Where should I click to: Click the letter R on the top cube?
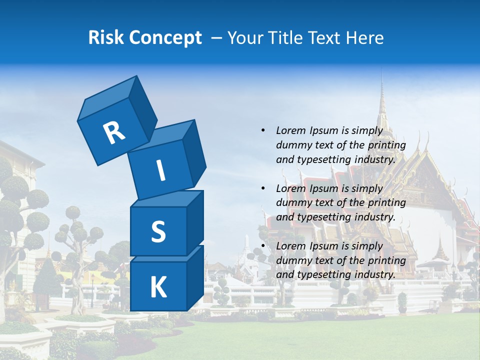[114, 132]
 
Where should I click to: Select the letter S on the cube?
[158, 232]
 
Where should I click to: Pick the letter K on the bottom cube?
[158, 287]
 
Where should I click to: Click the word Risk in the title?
[106, 38]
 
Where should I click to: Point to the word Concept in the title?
[165, 38]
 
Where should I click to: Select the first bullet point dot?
[263, 131]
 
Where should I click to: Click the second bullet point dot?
[263, 188]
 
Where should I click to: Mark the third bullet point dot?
[263, 246]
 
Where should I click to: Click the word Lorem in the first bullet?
[291, 131]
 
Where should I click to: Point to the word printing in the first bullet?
[386, 145]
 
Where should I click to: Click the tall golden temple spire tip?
[381, 75]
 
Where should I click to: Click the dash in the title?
[217, 38]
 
